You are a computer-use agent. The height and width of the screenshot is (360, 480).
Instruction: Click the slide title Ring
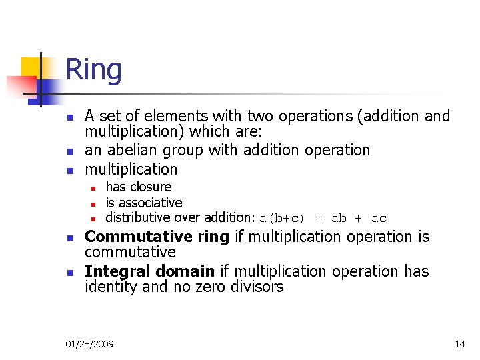pos(93,70)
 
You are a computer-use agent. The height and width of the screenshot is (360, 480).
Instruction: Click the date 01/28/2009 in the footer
pos(89,344)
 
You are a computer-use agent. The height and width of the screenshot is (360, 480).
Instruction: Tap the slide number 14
pos(459,344)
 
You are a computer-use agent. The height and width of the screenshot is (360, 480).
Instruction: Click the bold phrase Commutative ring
pos(157,237)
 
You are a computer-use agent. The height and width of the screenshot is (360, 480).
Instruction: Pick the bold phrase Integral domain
pos(149,271)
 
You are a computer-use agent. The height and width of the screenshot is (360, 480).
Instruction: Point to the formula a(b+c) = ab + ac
pos(323,218)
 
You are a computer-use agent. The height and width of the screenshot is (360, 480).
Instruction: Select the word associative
pos(149,203)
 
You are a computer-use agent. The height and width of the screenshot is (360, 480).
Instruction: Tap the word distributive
pos(138,217)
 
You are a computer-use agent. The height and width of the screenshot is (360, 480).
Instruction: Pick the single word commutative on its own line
pos(130,253)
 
